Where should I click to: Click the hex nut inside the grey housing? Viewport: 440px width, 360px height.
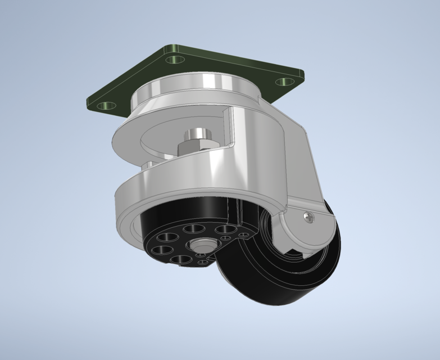[x=196, y=146]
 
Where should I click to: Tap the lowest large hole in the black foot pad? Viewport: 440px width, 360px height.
[x=180, y=259]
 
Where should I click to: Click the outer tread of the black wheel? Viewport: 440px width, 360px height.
[x=270, y=292]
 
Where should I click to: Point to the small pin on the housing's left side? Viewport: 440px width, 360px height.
[x=147, y=165]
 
